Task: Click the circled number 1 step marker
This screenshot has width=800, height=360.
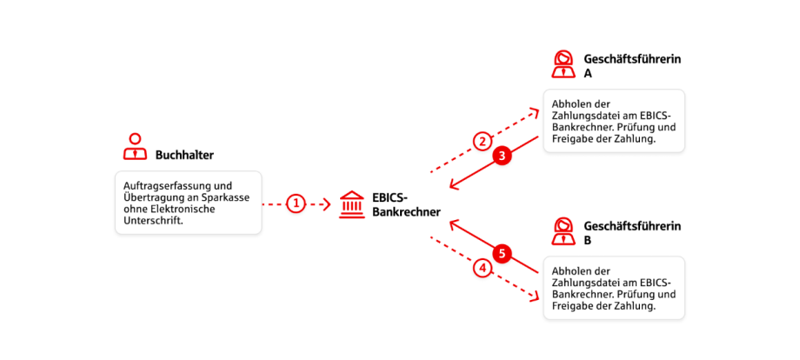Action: coord(297,204)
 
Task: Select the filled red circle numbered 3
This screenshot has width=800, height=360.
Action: coord(501,157)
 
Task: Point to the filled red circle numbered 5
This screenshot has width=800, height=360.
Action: coord(501,253)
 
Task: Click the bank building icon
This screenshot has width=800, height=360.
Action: coord(352,203)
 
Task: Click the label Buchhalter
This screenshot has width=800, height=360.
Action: coord(184,156)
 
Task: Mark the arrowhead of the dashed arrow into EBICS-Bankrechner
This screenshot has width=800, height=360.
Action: coord(326,204)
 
